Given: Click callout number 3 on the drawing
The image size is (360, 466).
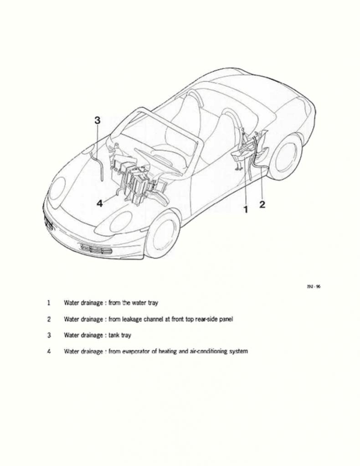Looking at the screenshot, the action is pos(98,120).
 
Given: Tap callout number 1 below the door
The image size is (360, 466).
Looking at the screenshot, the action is pos(246,210).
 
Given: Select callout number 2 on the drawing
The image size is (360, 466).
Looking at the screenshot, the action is pos(262,204).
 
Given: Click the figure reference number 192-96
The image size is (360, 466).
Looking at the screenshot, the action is pos(314,286).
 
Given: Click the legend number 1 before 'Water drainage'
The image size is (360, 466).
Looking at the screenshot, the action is pos(48,303).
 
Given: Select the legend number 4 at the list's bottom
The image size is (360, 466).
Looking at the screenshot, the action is pos(49,351).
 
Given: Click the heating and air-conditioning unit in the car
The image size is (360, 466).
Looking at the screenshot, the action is pos(135,181).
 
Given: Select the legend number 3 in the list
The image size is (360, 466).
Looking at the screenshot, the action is pos(49,335).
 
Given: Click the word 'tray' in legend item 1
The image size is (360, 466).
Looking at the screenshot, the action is pos(153,303).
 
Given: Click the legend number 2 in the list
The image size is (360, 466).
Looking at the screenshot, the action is pos(49,319).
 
